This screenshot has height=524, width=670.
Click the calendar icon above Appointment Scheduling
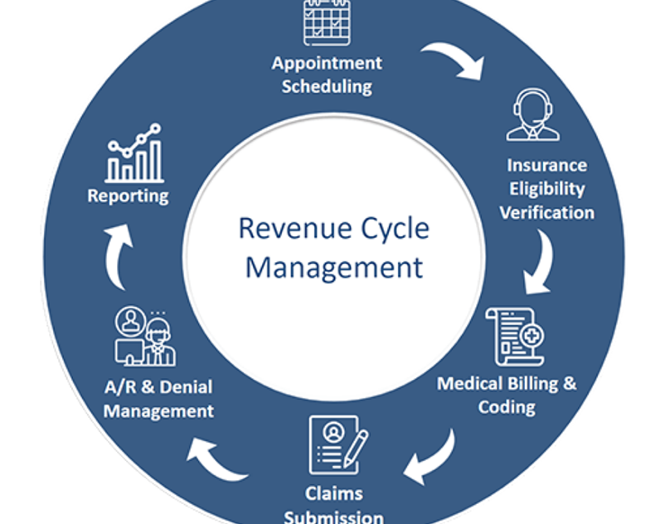[x=327, y=22]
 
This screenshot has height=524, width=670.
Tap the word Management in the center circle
[x=333, y=267]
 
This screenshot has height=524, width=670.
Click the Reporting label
[x=128, y=196]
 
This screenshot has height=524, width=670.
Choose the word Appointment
[x=327, y=64]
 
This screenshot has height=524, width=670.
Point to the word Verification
[x=546, y=212]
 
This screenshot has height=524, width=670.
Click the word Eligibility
[x=546, y=189]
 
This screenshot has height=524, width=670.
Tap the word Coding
[x=507, y=407]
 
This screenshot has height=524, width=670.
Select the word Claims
[x=333, y=494]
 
